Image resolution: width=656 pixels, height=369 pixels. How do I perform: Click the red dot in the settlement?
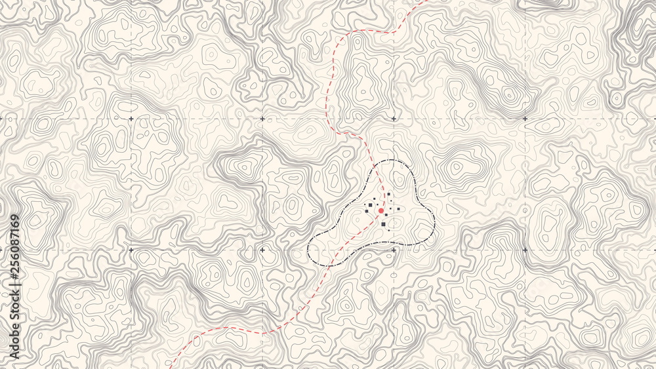click(380, 210)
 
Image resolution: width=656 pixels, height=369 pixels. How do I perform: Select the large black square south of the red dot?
click(384, 224)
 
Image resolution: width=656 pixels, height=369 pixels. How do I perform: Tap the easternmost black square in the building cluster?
click(398, 208)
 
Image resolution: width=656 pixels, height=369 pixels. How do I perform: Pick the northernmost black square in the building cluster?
click(388, 195)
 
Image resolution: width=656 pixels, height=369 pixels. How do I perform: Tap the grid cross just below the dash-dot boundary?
click(393, 250)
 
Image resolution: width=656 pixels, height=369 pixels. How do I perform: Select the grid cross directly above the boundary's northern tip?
click(393, 119)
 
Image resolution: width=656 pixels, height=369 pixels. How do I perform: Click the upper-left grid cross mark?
click(131, 119)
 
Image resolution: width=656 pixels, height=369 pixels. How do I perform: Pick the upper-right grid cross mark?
click(524, 119)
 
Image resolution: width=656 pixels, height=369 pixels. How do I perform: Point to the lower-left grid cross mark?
click(131, 250)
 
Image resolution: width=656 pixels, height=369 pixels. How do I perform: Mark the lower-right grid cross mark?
click(524, 250)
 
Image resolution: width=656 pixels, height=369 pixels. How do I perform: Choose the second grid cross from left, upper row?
click(262, 119)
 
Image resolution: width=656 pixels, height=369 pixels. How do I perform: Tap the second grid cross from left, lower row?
click(262, 250)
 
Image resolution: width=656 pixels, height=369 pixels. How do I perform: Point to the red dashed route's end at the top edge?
click(427, 1)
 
